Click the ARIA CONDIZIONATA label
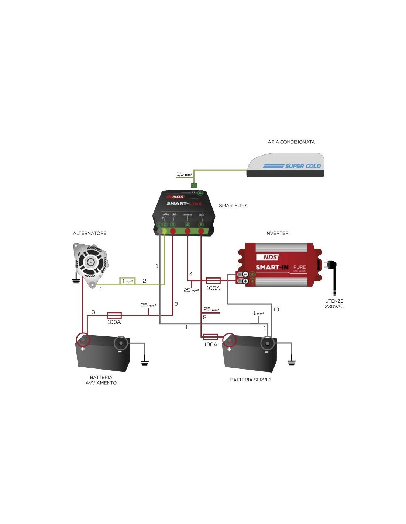click(x=291, y=142)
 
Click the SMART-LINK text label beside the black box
click(x=233, y=205)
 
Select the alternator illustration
click(x=91, y=264)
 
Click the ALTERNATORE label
click(x=90, y=233)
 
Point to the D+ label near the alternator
click(x=101, y=289)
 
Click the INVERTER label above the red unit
click(x=277, y=233)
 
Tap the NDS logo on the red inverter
click(x=271, y=257)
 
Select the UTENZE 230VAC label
click(x=334, y=304)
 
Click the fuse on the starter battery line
click(x=114, y=315)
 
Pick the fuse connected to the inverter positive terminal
click(x=213, y=281)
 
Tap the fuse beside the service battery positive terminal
click(x=210, y=337)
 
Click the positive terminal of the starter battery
click(x=83, y=340)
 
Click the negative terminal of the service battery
click(x=267, y=343)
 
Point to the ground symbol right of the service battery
click(x=291, y=361)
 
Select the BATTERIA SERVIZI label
click(x=251, y=380)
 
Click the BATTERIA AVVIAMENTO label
click(x=101, y=380)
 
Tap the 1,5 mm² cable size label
click(x=184, y=174)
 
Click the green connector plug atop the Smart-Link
click(x=194, y=185)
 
